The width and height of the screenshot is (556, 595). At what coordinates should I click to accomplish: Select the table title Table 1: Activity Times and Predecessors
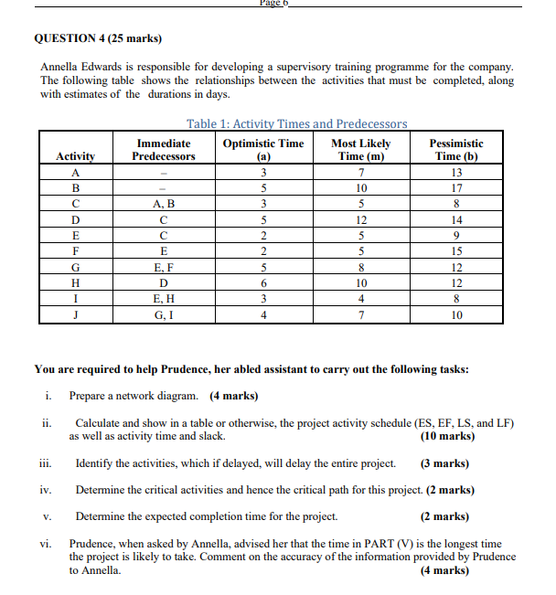(x=296, y=123)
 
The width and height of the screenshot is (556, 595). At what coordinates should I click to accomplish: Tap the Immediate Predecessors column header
(x=164, y=150)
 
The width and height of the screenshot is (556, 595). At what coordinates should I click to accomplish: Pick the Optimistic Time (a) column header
(x=263, y=150)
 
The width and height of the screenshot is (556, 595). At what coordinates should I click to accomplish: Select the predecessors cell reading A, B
(x=164, y=204)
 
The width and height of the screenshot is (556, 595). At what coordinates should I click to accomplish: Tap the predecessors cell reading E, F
(x=164, y=268)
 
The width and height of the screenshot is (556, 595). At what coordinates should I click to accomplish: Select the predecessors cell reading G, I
(x=164, y=315)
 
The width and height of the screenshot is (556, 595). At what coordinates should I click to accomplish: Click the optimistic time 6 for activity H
(x=263, y=283)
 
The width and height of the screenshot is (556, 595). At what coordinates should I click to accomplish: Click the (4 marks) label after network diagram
(x=233, y=396)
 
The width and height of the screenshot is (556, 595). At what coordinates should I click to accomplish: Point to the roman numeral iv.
(x=46, y=490)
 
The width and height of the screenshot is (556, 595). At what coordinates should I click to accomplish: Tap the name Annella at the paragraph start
(x=61, y=68)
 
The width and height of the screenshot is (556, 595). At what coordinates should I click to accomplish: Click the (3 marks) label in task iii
(x=445, y=463)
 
